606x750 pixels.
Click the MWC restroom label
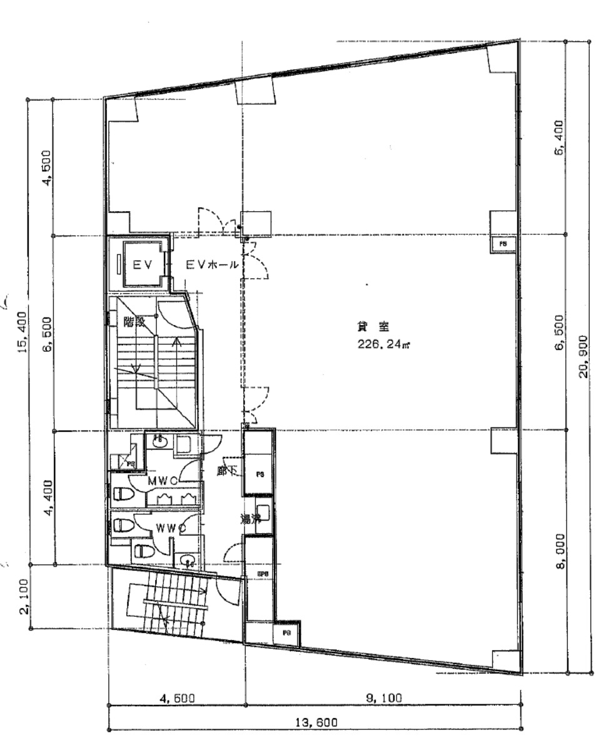pos(164,481)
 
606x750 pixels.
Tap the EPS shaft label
pos(263,572)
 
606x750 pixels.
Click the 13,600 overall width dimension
pos(316,722)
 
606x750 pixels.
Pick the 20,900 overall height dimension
pos(584,359)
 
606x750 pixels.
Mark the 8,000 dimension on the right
pos(560,552)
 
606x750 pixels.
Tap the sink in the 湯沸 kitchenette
pos(263,512)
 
